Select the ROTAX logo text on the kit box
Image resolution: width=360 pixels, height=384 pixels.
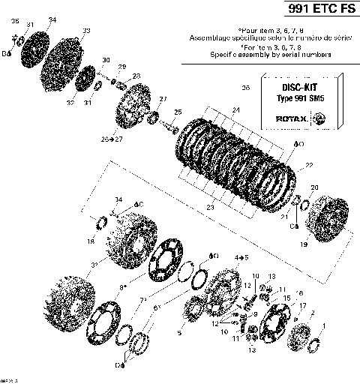click(x=292, y=118)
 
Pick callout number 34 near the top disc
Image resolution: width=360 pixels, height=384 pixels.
click(x=52, y=19)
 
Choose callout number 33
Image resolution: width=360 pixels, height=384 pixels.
click(x=86, y=30)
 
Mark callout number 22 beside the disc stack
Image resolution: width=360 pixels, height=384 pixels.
click(x=308, y=165)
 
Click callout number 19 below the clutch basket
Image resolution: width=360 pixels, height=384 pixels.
click(x=304, y=244)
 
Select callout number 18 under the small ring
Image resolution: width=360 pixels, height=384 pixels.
click(x=91, y=241)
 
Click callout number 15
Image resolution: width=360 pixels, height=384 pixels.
click(x=286, y=298)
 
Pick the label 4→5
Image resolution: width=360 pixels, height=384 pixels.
click(x=241, y=257)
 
